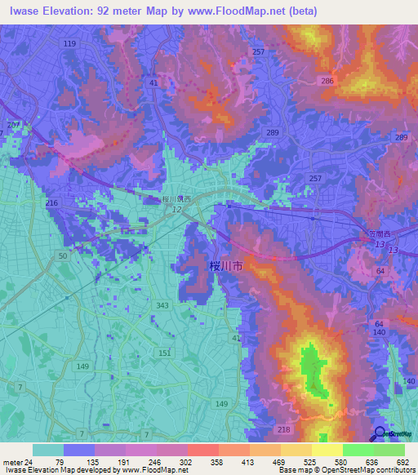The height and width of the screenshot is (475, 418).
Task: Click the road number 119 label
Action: (70, 42)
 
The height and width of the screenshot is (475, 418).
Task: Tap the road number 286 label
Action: (328, 82)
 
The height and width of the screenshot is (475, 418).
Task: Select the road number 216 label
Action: (52, 202)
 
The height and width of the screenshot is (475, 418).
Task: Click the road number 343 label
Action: (162, 305)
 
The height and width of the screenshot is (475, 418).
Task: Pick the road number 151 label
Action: (165, 352)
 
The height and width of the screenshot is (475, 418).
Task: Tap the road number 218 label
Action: (284, 429)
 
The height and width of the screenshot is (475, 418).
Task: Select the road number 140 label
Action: (379, 333)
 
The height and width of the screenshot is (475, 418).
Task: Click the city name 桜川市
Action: (226, 266)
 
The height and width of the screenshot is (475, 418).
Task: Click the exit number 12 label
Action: (176, 210)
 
